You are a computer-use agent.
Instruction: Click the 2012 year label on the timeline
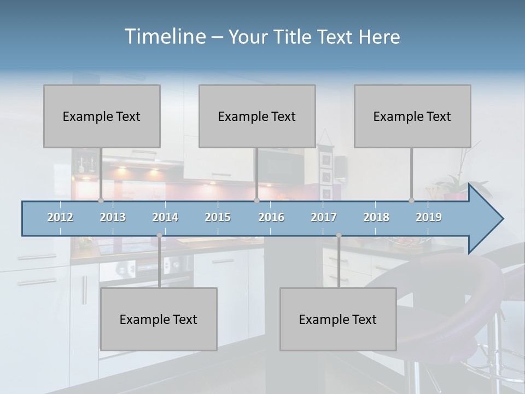tap(60, 218)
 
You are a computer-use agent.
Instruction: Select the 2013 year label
tap(113, 218)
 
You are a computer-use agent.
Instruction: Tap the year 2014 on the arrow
tap(165, 218)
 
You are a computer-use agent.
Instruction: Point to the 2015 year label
tap(218, 218)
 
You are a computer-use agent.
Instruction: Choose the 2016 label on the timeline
tap(271, 218)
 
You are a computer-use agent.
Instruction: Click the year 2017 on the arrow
tap(324, 218)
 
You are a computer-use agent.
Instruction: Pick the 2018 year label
tap(376, 218)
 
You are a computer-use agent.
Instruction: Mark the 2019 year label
tap(429, 218)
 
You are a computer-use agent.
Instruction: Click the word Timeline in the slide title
tap(165, 37)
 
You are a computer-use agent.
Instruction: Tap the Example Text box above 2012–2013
tap(102, 116)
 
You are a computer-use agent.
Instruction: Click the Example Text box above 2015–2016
tap(257, 116)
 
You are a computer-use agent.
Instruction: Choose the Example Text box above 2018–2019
tap(412, 116)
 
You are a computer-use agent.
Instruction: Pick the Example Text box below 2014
tap(159, 319)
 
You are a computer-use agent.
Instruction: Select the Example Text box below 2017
tap(338, 319)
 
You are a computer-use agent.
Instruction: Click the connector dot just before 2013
tap(101, 201)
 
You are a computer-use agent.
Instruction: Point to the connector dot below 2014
tap(159, 235)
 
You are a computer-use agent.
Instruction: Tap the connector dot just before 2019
tap(411, 201)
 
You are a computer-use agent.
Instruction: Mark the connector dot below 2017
tap(339, 235)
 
